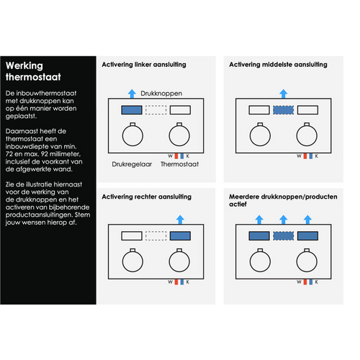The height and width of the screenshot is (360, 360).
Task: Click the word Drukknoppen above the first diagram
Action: tap(161, 94)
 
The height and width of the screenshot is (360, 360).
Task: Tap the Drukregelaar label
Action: tap(132, 164)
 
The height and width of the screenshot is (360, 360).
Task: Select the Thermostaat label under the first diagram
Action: tap(179, 164)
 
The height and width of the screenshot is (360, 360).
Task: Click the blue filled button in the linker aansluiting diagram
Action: tap(132, 110)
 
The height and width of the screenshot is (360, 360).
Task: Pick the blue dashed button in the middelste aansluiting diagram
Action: tap(284, 110)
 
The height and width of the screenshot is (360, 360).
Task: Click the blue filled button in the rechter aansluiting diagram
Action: tap(180, 236)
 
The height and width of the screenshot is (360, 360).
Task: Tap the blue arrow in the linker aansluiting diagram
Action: tap(132, 94)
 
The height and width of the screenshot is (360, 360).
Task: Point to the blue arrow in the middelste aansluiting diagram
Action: tap(284, 94)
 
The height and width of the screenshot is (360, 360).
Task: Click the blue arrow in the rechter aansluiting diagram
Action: tap(180, 220)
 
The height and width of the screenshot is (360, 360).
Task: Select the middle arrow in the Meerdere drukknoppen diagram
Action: tap(284, 220)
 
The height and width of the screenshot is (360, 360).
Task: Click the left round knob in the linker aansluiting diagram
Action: tap(132, 135)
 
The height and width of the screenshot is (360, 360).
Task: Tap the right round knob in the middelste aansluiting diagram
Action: tap(307, 135)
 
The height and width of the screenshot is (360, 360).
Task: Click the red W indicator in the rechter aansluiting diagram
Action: tap(176, 282)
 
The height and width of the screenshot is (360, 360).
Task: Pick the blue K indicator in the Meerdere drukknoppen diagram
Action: tap(311, 282)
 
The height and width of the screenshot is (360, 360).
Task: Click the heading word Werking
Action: tap(24, 66)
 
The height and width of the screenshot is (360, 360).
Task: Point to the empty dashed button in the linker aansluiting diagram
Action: tap(156, 110)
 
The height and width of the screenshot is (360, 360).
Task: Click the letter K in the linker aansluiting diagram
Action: tap(188, 156)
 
